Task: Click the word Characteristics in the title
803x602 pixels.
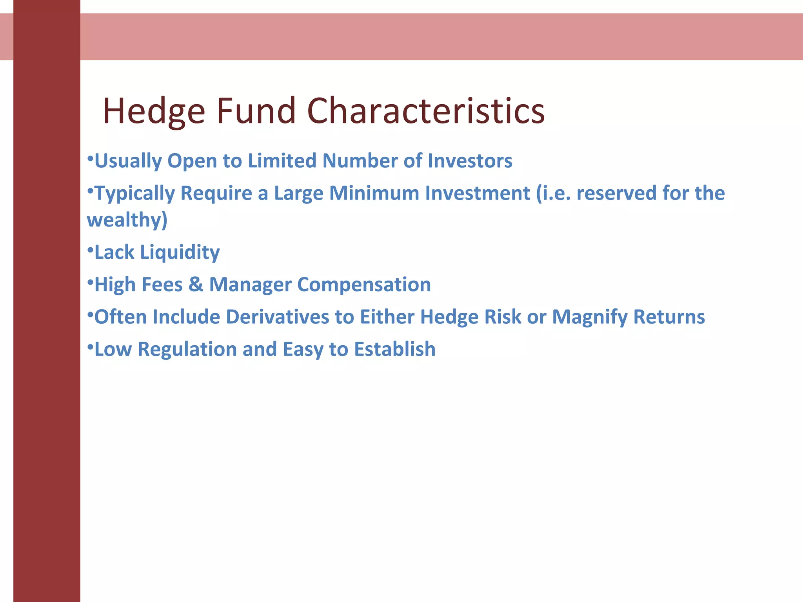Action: tap(426, 111)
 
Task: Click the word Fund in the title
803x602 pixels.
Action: tap(256, 111)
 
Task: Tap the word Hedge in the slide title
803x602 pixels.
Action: tap(154, 112)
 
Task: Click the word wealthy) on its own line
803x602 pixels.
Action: tap(127, 220)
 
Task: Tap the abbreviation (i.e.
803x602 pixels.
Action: tap(553, 193)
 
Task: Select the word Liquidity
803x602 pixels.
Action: tap(180, 252)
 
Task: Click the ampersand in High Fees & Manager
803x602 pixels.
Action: tap(195, 285)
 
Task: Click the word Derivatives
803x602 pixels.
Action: tap(277, 317)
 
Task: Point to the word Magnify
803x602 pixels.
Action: tap(590, 317)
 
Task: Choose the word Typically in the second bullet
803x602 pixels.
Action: tap(134, 194)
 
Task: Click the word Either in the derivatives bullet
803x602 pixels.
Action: tap(387, 317)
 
